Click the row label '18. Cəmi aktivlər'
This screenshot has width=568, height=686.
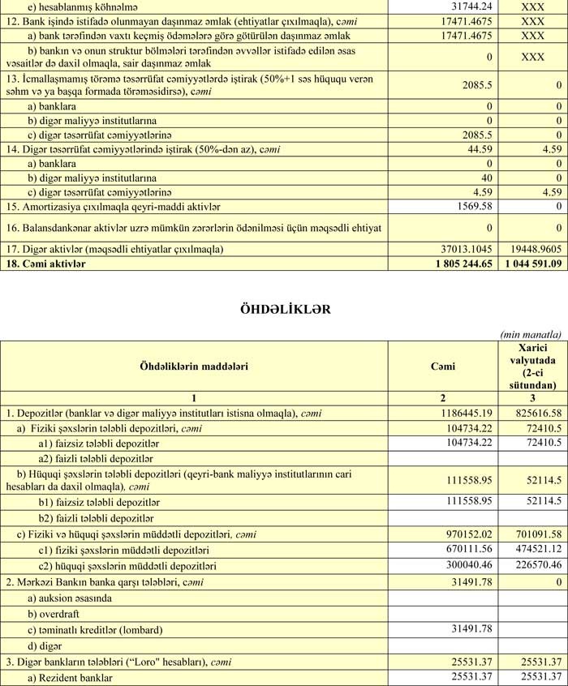click(x=48, y=263)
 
